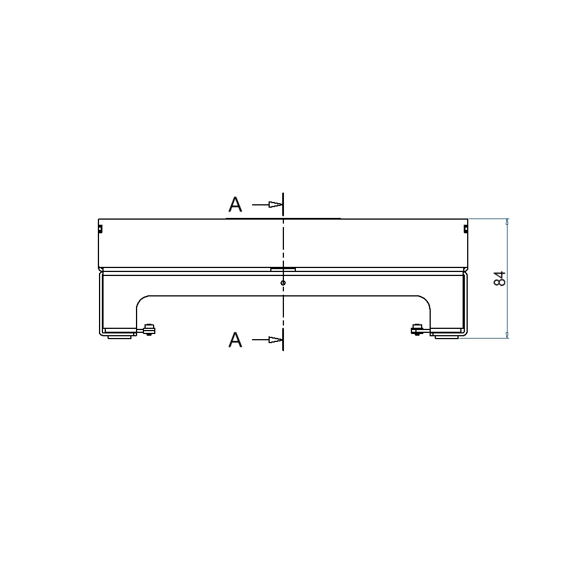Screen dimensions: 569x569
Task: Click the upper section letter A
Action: [235, 205]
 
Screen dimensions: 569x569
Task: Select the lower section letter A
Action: [235, 340]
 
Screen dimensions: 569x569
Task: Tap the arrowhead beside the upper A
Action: [275, 205]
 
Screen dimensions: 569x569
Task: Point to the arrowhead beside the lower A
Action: [275, 340]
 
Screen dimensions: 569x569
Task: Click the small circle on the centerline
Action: [283, 283]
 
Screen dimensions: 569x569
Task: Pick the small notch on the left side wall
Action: [101, 229]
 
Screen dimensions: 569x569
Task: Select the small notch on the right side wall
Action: [466, 229]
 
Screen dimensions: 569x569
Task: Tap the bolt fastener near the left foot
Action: [149, 329]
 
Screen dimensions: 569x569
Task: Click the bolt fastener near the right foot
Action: [417, 329]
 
